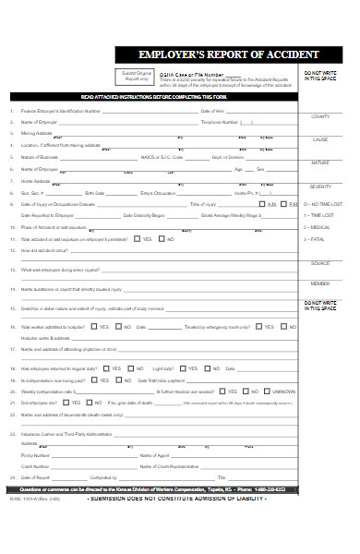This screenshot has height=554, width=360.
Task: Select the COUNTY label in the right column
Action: [320, 117]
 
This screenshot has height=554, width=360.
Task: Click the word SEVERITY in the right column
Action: [320, 186]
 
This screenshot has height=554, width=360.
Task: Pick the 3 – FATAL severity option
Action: [318, 239]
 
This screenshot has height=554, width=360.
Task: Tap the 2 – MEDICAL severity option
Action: [319, 226]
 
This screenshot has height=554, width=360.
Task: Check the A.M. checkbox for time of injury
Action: [262, 203]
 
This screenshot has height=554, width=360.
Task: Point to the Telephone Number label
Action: [220, 122]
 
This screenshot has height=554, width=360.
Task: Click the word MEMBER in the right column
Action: [320, 283]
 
